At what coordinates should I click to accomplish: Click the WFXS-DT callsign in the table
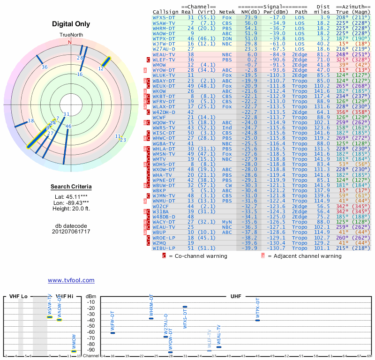point(164,17)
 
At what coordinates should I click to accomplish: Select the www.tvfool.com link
point(71,280)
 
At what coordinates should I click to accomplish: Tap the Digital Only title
point(71,24)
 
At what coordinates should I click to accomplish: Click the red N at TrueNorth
point(70,42)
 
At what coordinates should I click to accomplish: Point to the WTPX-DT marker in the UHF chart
point(257,320)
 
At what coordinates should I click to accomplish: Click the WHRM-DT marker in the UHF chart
point(151,318)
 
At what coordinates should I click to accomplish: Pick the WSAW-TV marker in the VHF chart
point(50,317)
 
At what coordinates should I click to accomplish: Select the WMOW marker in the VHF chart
point(74,351)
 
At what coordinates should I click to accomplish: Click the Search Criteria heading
point(71,187)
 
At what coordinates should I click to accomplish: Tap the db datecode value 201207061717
point(71,232)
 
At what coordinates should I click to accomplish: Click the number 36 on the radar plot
point(45,67)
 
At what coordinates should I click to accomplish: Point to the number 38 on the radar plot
point(31,121)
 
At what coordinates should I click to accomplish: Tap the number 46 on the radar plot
point(68,126)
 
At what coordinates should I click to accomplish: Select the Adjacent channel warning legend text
point(305,256)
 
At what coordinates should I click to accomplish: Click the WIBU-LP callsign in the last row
point(164,248)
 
